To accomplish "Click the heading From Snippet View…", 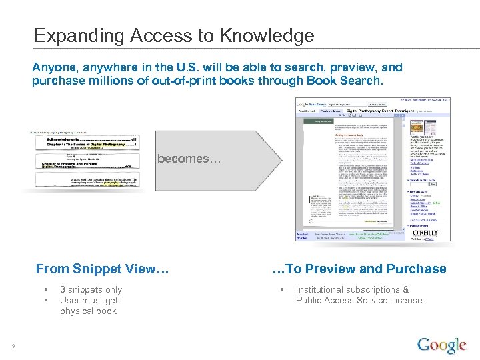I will tap(102, 269).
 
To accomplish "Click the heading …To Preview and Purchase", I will tap(360, 269).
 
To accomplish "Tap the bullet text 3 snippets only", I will tap(91, 289).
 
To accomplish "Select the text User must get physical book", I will tap(88, 305).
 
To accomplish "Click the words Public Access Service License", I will tap(359, 300).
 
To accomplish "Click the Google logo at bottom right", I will tap(441, 346).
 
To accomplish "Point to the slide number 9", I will tap(13, 345).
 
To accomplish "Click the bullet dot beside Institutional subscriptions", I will tap(283, 289).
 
